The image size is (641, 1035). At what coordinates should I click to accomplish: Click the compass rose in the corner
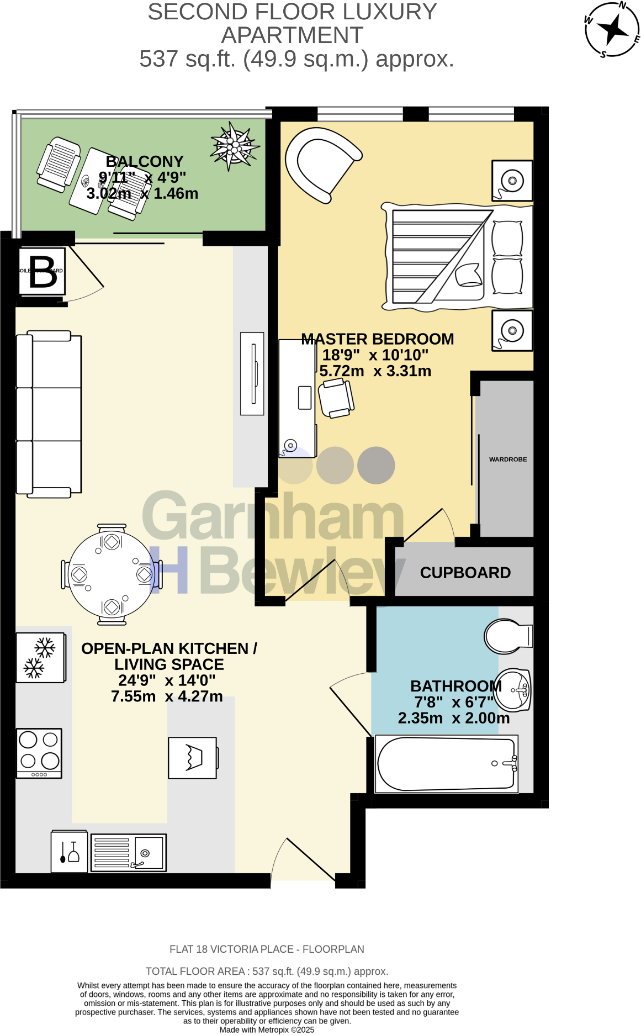coord(612,29)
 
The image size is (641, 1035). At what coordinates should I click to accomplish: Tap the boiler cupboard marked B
coord(42,271)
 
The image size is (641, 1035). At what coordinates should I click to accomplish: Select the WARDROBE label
coord(507,459)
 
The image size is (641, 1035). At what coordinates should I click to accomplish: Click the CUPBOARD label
coord(465,573)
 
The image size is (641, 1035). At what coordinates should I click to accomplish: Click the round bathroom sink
coord(512,690)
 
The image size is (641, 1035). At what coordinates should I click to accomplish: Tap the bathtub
coord(446,764)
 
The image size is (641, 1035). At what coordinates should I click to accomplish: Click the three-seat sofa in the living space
coord(49,414)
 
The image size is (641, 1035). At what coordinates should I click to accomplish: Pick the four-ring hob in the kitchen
coord(39,753)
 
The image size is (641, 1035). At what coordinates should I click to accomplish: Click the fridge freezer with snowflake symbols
coord(40,657)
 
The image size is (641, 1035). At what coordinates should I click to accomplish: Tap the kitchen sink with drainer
coord(128,852)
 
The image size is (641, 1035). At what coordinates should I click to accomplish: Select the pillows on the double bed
coord(507,257)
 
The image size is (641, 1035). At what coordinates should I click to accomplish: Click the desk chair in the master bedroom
coord(336,398)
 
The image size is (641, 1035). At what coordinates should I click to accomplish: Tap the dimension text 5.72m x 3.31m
coord(375,371)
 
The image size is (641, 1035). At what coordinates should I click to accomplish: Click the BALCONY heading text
coord(144,161)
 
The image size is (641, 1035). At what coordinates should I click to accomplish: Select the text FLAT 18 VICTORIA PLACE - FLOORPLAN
coord(267,949)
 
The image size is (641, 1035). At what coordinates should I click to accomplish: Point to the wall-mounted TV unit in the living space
coord(252,373)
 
